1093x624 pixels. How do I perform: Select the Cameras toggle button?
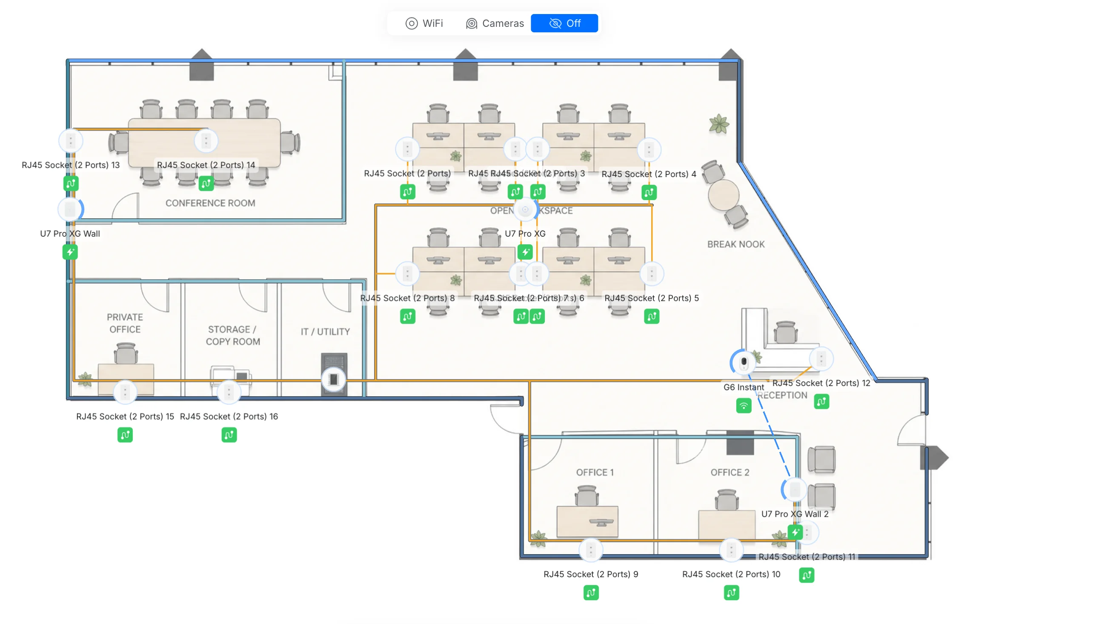click(495, 23)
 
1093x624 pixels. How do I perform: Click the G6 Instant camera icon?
click(744, 362)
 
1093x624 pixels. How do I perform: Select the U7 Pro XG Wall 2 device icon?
click(794, 489)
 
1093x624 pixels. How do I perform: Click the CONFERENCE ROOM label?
click(210, 203)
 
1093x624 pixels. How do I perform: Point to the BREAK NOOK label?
click(735, 244)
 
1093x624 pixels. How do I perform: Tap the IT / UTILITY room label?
click(325, 332)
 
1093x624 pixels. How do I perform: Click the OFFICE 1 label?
click(594, 472)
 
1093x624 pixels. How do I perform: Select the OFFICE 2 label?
click(729, 472)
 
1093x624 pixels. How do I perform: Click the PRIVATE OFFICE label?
click(125, 323)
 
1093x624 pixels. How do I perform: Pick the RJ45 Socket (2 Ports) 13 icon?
click(71, 140)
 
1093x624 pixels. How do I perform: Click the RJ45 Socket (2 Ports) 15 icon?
click(125, 392)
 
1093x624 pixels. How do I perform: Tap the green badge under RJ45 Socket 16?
click(229, 435)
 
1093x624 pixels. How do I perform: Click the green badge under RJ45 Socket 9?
click(590, 593)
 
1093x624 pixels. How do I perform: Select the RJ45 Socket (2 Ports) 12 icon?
click(821, 359)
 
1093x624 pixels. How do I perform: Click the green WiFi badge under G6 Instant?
click(744, 405)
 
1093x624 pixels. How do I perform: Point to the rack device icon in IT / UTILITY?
click(333, 379)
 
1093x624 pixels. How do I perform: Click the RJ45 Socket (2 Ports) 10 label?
click(730, 574)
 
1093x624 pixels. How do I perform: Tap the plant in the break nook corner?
click(718, 124)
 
